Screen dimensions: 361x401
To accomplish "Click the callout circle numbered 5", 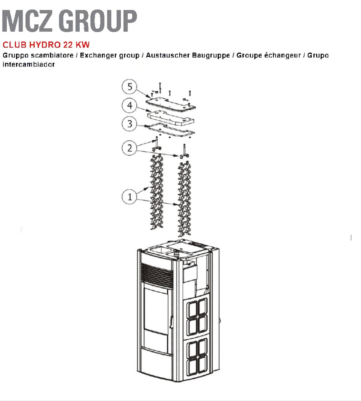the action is click(x=130, y=87).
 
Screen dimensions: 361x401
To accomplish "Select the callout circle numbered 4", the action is click(x=130, y=105).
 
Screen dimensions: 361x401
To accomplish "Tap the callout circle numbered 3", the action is click(x=130, y=124).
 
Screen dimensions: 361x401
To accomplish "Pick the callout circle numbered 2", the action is click(x=130, y=148).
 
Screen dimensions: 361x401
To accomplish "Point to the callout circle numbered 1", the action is click(x=130, y=197).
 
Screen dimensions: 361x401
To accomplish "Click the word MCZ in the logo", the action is click(x=27, y=21).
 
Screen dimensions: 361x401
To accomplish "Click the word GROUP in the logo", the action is click(x=98, y=21).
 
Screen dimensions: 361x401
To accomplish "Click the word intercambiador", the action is click(x=29, y=64).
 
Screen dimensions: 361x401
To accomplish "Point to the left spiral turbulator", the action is click(x=156, y=192).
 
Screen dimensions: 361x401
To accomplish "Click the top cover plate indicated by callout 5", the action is click(x=171, y=104).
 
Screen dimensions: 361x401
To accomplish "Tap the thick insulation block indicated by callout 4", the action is click(x=171, y=118).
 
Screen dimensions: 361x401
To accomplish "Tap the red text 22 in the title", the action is click(x=68, y=45).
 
